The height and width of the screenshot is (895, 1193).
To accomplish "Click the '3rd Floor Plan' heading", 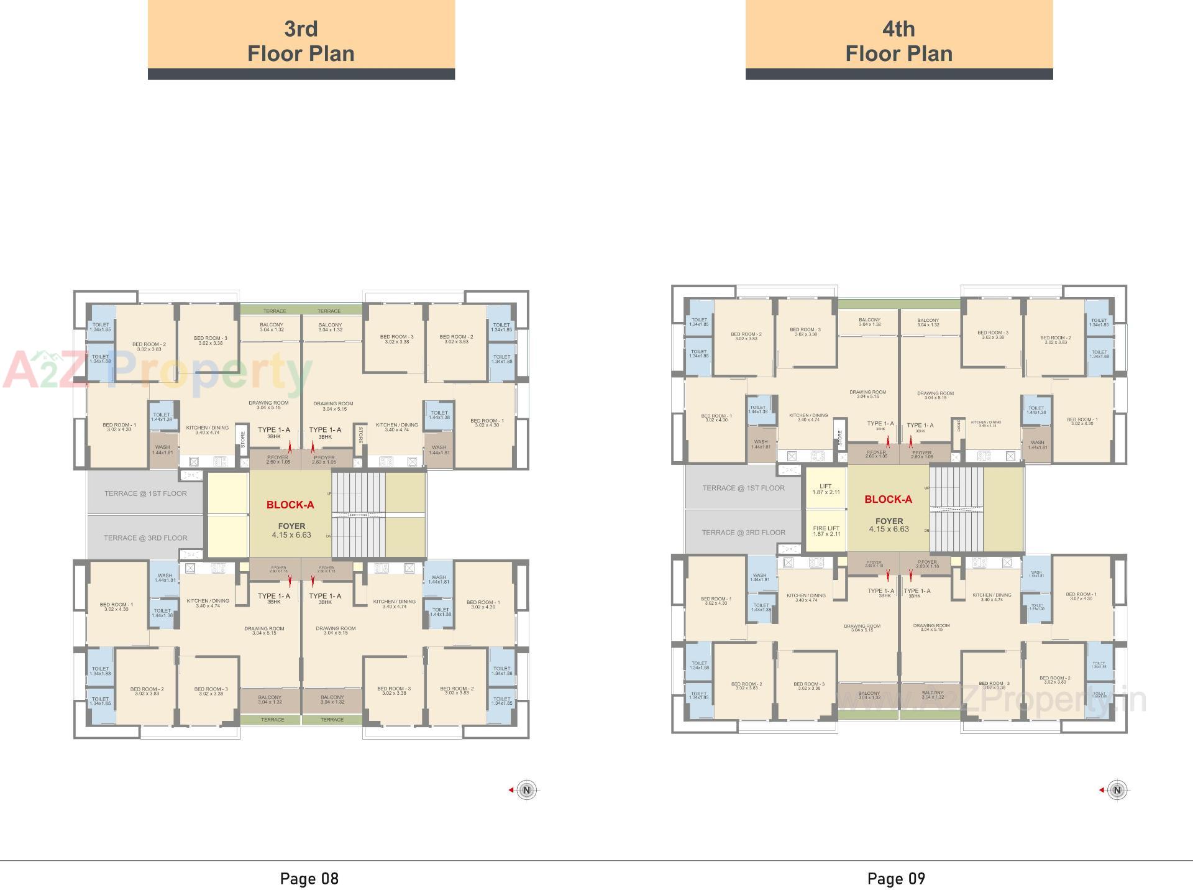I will coord(301,41).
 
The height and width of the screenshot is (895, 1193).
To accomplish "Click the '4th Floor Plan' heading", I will coord(898,41).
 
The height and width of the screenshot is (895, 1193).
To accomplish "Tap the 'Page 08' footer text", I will coord(309,878).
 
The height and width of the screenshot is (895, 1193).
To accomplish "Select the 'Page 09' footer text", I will coord(896,878).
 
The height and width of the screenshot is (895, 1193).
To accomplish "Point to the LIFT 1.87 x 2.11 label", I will coord(826,489).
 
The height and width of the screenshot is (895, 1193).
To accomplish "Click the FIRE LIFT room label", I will coord(826,531).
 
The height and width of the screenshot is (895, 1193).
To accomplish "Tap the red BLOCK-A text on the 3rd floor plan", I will coord(290,505).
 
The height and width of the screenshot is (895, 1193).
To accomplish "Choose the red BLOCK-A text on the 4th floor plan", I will coord(888,499).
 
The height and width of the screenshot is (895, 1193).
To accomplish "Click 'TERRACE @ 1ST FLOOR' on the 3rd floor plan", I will coord(145,493).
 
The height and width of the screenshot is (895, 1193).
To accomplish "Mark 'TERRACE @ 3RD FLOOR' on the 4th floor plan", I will coord(743,533).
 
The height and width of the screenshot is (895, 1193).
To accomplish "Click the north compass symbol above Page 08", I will coord(526,790).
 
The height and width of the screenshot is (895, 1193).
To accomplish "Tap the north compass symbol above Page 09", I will coord(1117,790).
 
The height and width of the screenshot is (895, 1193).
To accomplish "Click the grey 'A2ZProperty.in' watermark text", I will coord(994,699).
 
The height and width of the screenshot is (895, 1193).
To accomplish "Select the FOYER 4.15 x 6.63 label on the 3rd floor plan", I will coord(291,530).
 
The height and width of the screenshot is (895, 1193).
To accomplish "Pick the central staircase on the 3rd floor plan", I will coord(358,514).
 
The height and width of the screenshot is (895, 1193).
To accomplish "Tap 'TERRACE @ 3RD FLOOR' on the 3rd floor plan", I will coord(145,538).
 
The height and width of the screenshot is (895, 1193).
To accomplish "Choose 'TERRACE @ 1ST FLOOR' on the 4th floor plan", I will coord(743,488).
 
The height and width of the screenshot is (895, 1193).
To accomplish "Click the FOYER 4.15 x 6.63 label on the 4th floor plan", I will coord(889,525).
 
